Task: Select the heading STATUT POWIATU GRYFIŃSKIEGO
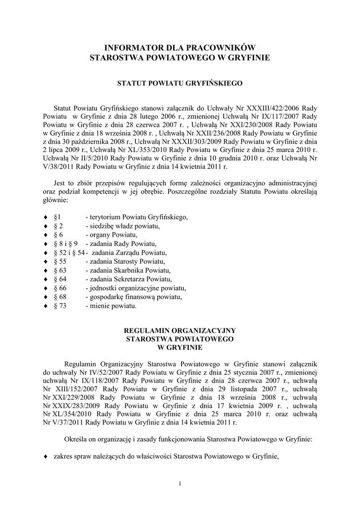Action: (180, 84)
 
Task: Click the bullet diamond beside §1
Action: (46, 217)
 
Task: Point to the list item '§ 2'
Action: (58, 226)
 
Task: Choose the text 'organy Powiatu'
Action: (113, 235)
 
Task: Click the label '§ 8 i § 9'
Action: (66, 244)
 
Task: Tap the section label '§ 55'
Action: (60, 261)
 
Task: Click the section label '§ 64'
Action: (60, 279)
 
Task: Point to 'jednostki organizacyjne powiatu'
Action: (136, 288)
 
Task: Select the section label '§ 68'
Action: (60, 297)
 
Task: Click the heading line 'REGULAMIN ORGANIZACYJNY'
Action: (180, 331)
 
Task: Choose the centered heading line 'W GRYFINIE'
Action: (180, 347)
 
